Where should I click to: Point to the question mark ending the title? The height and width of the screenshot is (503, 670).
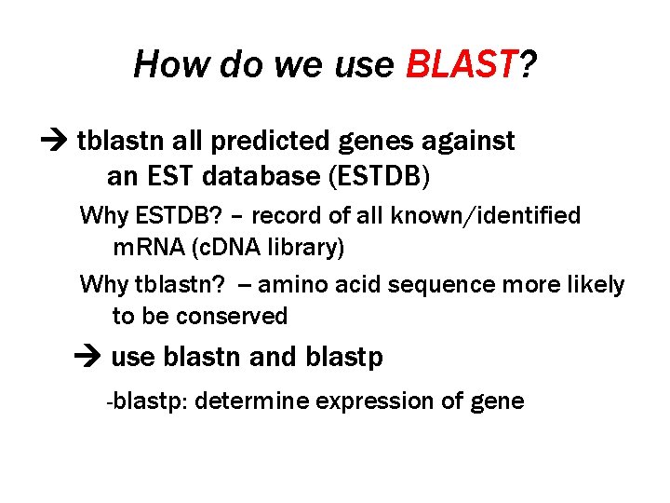tap(528, 65)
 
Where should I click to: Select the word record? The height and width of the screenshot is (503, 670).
tap(288, 216)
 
